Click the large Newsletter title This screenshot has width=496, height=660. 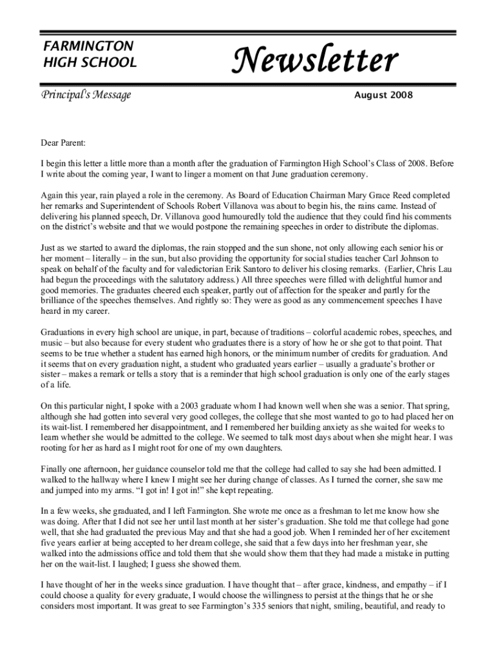pos(315,61)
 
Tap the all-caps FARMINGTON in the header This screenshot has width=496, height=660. pos(88,46)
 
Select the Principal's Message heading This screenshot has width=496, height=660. pos(86,95)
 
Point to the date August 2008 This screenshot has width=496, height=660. pos(383,95)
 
